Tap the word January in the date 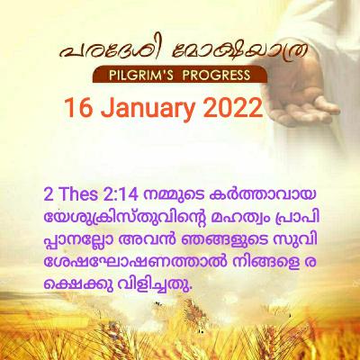click(148, 111)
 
